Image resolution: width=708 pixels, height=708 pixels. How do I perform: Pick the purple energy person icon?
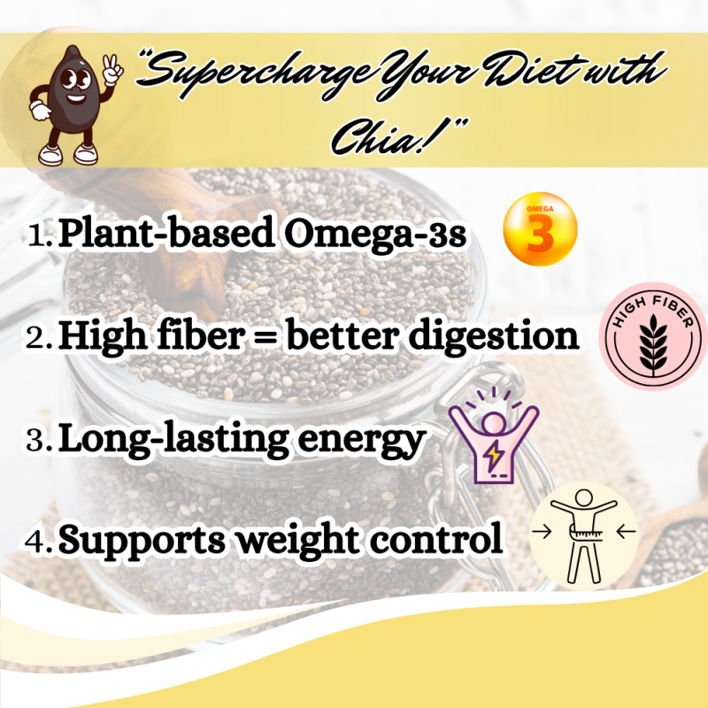tap(493, 440)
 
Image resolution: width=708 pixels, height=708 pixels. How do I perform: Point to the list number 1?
tap(38, 236)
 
